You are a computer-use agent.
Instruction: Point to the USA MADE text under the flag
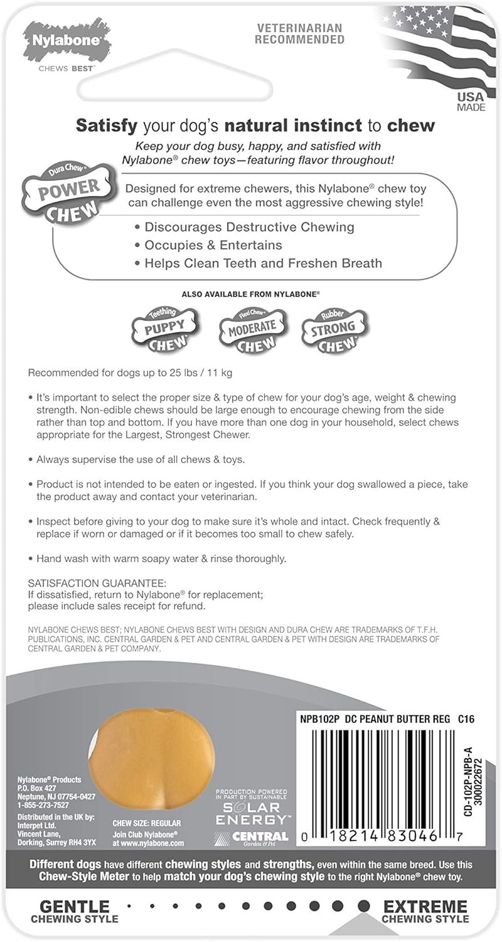pos(471,102)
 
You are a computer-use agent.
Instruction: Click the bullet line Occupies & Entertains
pos(213,245)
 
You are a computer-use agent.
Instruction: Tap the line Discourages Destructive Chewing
pos(250,227)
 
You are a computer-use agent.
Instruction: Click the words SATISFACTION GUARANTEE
pos(97,583)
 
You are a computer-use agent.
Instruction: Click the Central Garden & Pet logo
pos(252,837)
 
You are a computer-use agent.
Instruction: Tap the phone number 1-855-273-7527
pos(43,804)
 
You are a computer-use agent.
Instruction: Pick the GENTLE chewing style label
pos(75,907)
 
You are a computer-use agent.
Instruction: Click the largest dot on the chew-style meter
pos(363,906)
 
